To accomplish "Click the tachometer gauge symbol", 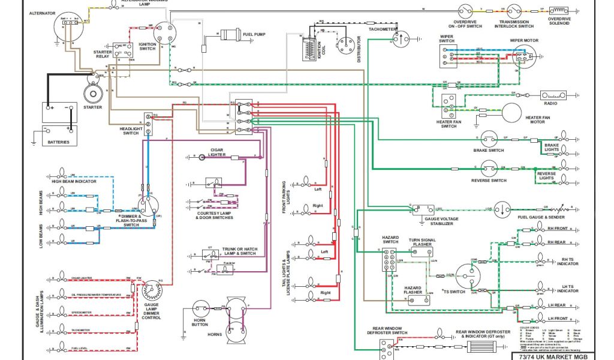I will point(398,39).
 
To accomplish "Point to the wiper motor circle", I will point(523,57).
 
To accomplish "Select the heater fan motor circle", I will point(511,113).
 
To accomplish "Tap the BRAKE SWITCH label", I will point(488,151).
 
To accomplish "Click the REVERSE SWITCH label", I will point(489,181).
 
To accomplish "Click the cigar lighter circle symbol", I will point(203,156).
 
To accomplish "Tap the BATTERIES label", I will point(59,142).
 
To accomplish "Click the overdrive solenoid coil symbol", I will point(559,10).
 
